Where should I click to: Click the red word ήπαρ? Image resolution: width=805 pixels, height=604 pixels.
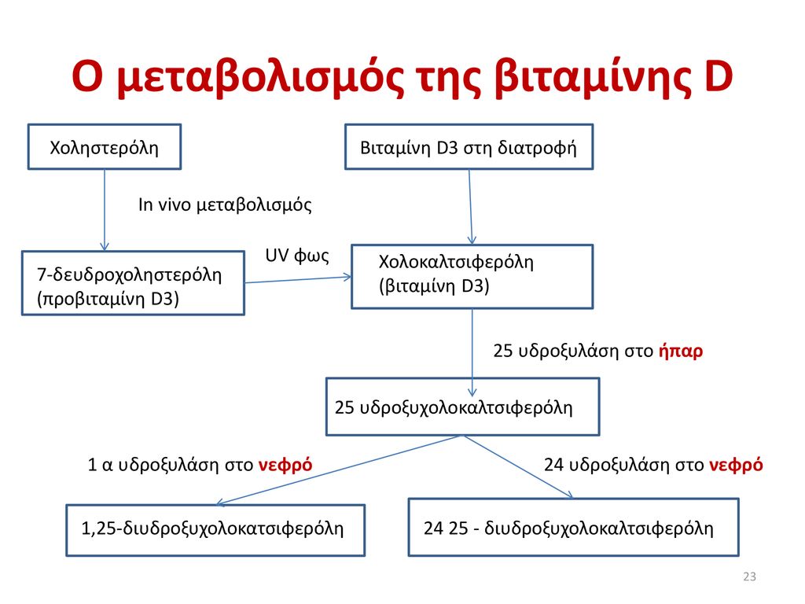pyautogui.click(x=680, y=352)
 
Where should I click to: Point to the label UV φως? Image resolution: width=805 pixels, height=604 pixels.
pyautogui.click(x=296, y=256)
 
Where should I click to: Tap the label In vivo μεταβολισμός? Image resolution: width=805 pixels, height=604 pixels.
pyautogui.click(x=225, y=205)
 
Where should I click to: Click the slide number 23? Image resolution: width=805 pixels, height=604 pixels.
pyautogui.click(x=749, y=576)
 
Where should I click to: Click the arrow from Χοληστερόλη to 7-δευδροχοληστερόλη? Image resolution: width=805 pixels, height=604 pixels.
pyautogui.click(x=105, y=210)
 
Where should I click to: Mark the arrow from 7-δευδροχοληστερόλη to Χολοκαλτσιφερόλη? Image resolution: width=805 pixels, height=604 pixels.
pyautogui.click(x=298, y=279)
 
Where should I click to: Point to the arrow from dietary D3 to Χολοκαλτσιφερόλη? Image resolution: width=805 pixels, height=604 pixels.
pyautogui.click(x=470, y=207)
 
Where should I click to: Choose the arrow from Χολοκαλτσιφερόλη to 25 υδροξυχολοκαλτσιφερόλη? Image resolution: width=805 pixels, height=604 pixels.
pyautogui.click(x=472, y=353)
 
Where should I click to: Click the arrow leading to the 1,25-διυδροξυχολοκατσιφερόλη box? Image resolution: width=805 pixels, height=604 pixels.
pyautogui.click(x=339, y=470)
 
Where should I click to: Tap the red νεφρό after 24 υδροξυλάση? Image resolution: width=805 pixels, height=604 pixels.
pyautogui.click(x=736, y=466)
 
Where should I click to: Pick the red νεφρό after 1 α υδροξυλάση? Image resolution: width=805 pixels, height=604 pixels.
pyautogui.click(x=285, y=466)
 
